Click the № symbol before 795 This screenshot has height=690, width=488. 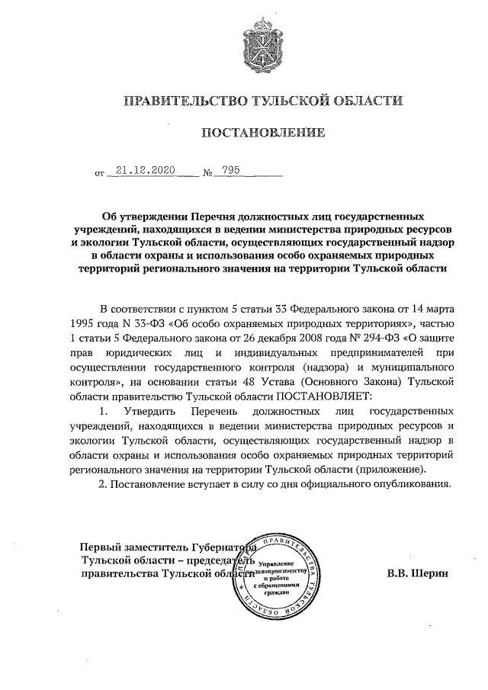tap(207, 173)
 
